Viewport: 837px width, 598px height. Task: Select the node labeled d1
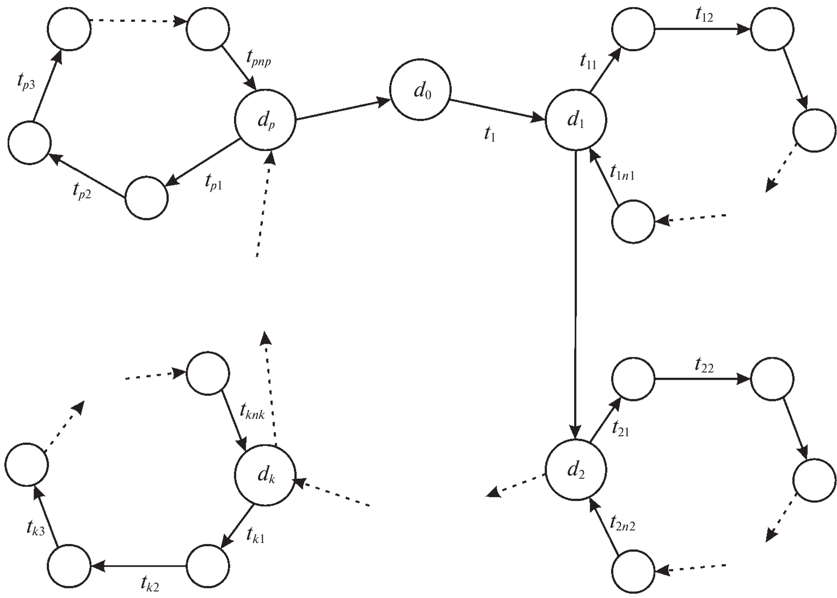pyautogui.click(x=575, y=120)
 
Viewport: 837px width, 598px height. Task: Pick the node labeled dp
pyautogui.click(x=265, y=120)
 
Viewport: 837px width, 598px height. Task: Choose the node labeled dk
pyautogui.click(x=265, y=475)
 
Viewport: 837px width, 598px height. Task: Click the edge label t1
pyautogui.click(x=490, y=135)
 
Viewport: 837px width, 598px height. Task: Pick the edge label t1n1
pyautogui.click(x=623, y=174)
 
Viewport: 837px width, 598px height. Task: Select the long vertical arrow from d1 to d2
pyautogui.click(x=575, y=294)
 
